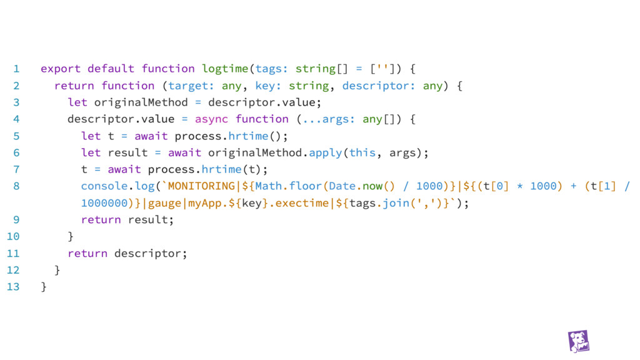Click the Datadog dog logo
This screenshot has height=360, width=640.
(579, 341)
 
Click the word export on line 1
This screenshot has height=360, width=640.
(61, 69)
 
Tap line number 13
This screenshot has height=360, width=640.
(13, 287)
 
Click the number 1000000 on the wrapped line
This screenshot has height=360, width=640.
(104, 203)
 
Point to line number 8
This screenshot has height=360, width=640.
(16, 186)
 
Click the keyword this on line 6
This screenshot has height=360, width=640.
(362, 152)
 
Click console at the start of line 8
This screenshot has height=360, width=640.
(101, 186)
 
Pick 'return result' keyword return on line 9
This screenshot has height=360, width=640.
(101, 220)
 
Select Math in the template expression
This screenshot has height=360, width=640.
(269, 186)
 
